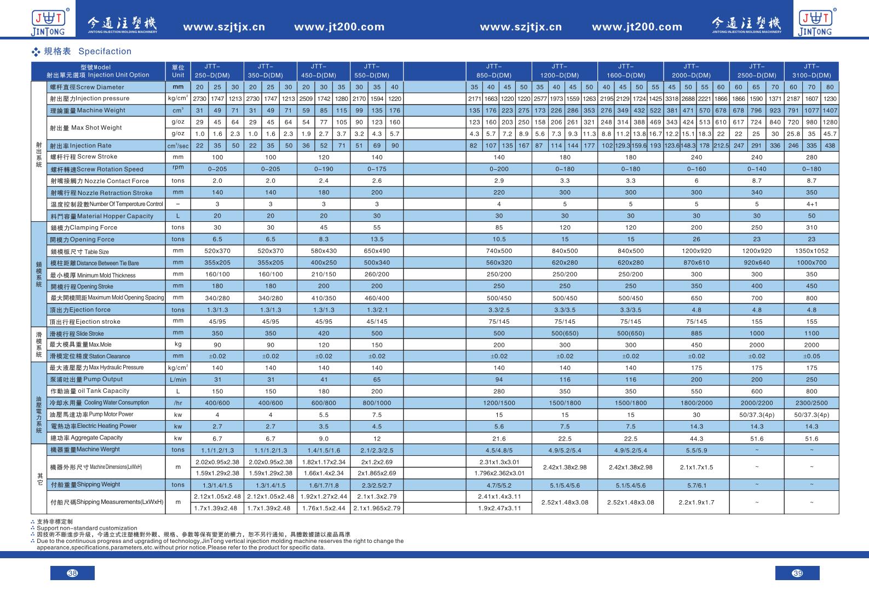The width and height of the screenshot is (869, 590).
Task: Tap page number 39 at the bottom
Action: pyautogui.click(x=797, y=573)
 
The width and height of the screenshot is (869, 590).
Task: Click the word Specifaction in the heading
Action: pyautogui.click(x=105, y=51)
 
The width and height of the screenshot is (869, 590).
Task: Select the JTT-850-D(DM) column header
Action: pyautogui.click(x=499, y=71)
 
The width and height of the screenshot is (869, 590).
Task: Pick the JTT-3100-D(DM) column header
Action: pyautogui.click(x=812, y=71)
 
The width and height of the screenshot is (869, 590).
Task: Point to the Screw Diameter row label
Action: pyautogui.click(x=87, y=87)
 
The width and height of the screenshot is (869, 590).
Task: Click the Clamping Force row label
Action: pyautogui.click(x=84, y=227)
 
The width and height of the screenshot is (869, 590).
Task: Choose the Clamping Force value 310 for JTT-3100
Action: pyautogui.click(x=812, y=227)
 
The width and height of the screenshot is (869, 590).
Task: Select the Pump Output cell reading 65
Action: pyautogui.click(x=377, y=379)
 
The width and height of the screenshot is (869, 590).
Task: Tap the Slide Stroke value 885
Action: pyautogui.click(x=696, y=333)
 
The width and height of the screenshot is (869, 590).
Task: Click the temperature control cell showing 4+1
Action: pyautogui.click(x=812, y=204)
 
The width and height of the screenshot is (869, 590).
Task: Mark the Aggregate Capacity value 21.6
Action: pyautogui.click(x=499, y=438)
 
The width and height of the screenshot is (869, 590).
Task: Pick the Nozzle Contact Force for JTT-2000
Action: pyautogui.click(x=696, y=181)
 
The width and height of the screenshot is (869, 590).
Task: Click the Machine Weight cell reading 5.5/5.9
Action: pyautogui.click(x=696, y=450)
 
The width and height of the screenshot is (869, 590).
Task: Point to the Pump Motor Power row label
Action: pyautogui.click(x=91, y=414)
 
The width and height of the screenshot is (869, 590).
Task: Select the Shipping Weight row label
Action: pyautogui.click(x=85, y=485)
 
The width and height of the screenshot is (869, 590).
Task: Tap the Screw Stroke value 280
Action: pyautogui.click(x=812, y=157)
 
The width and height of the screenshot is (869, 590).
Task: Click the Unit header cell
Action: pyautogui.click(x=178, y=71)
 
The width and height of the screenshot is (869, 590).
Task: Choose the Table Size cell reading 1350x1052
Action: pyautogui.click(x=812, y=251)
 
